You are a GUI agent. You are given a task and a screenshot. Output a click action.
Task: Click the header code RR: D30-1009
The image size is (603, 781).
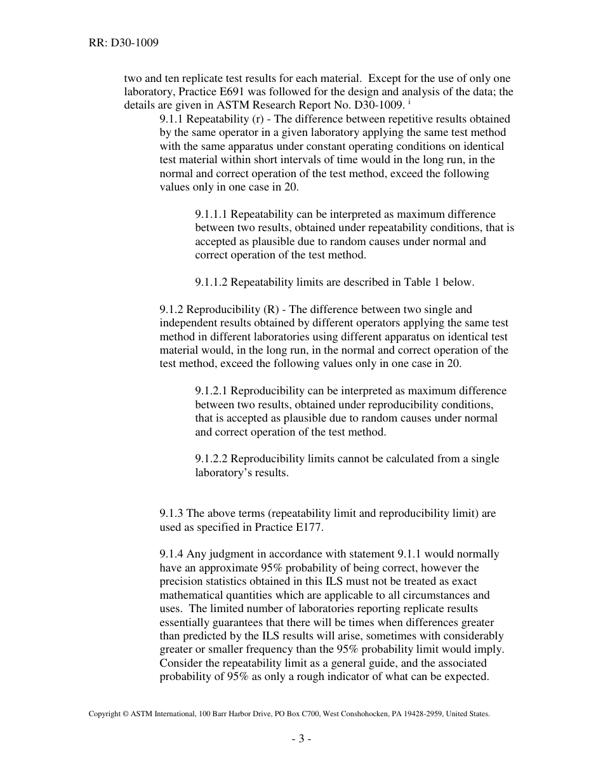coord(124,43)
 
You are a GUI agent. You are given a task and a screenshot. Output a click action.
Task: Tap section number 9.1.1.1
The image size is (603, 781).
coord(211,215)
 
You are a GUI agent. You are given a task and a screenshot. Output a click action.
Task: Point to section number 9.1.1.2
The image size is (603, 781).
coord(211,283)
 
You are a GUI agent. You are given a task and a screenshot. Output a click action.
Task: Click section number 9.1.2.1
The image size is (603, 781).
coord(211,391)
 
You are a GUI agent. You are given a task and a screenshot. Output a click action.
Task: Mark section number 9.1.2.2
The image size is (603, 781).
coord(211,459)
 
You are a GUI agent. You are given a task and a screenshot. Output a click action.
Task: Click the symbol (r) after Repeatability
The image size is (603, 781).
coord(267,119)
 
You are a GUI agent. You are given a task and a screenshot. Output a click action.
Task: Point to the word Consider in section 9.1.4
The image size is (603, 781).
coord(180,663)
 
